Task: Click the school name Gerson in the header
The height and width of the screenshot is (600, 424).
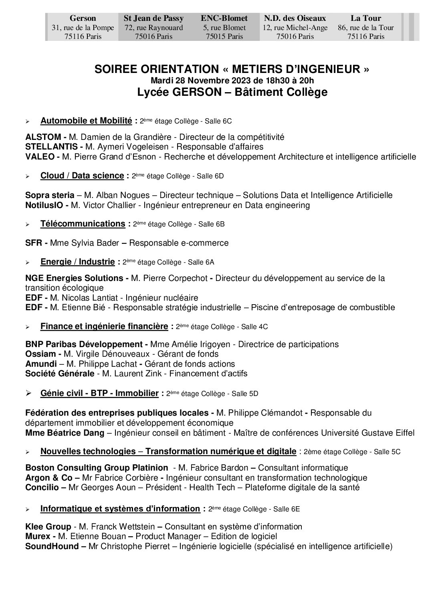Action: tap(83, 18)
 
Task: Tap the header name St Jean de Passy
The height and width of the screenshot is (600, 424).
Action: tap(153, 18)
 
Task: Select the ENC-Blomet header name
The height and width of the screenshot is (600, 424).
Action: tap(224, 18)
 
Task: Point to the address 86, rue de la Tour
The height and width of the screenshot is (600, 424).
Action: tap(365, 28)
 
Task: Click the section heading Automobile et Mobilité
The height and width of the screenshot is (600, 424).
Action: tap(86, 120)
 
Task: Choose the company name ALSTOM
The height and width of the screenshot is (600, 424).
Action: tap(43, 137)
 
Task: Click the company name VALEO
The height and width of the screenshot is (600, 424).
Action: tap(40, 157)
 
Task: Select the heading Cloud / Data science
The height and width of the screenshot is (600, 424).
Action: tap(82, 175)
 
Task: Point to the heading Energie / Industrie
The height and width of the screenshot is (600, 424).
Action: tap(78, 262)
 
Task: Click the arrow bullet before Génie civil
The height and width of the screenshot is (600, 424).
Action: tap(28, 394)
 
